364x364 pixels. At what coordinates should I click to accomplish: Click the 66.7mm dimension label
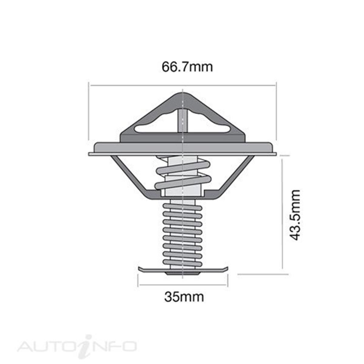187,67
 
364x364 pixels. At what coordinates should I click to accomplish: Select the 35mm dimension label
184,297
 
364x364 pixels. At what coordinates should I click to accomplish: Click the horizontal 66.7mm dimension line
136,86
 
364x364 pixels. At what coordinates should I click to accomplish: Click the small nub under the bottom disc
182,273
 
